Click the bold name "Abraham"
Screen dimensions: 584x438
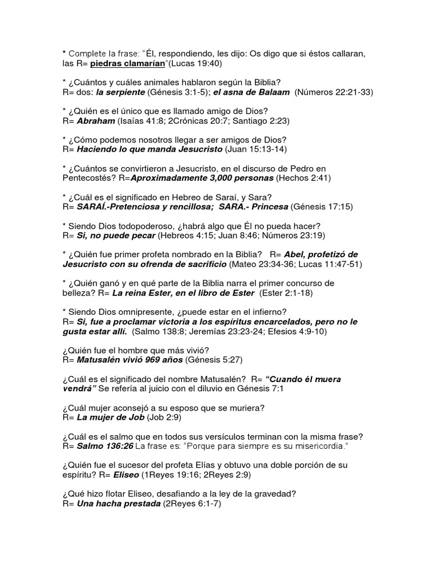pos(95,121)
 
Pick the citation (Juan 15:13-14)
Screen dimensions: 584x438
pos(256,149)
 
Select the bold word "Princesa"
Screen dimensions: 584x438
pos(269,207)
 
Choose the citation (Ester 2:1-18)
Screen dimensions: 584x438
pos(286,293)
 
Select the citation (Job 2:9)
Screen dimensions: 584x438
pos(165,417)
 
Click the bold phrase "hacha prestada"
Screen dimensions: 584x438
pos(129,504)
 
